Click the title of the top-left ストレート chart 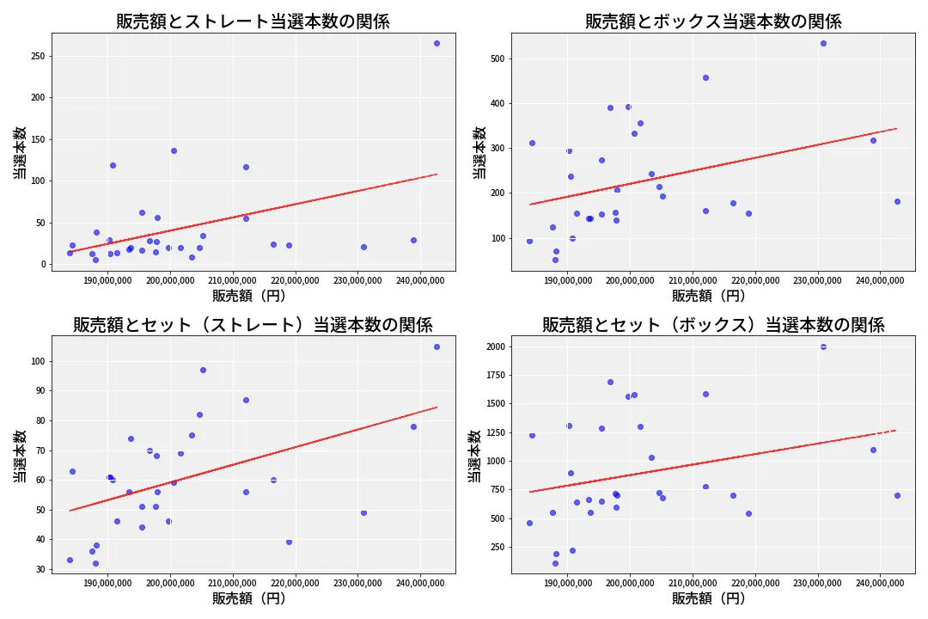point(253,21)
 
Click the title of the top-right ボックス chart point(713,21)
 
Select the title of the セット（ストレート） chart point(253,325)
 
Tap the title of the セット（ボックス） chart point(713,325)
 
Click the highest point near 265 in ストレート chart point(437,43)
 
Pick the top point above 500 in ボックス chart point(823,43)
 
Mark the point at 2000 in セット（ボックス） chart point(823,346)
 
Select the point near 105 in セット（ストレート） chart point(437,346)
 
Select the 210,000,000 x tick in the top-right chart point(693,280)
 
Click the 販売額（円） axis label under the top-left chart point(249,296)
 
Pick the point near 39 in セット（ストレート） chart point(289,542)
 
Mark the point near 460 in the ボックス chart point(705,77)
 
